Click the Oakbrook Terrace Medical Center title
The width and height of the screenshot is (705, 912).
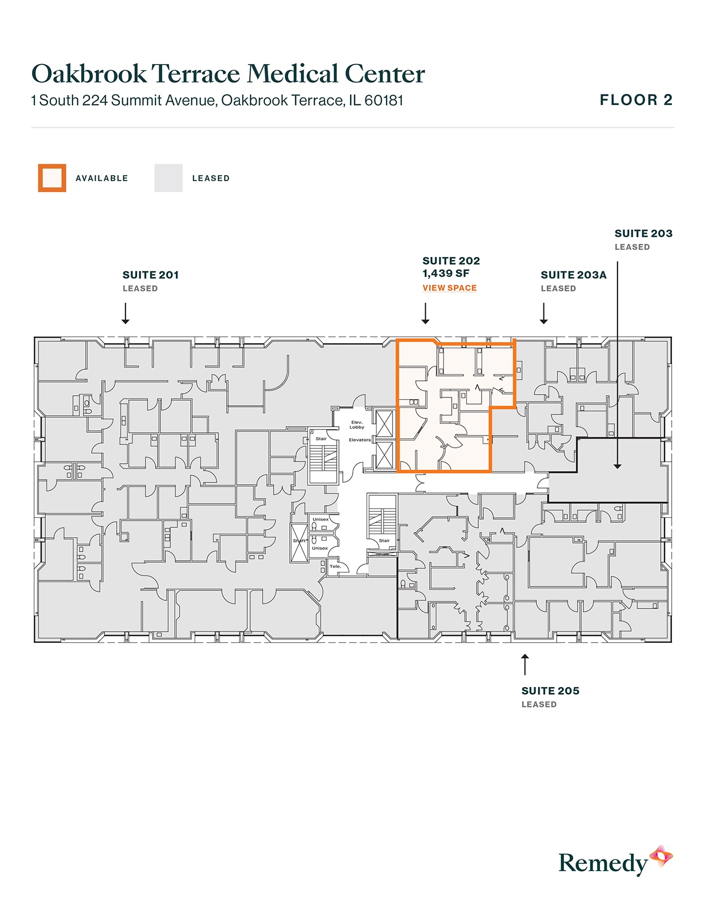pyautogui.click(x=228, y=74)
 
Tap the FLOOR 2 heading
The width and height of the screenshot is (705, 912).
pyautogui.click(x=636, y=100)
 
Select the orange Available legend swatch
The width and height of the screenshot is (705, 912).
pyautogui.click(x=52, y=178)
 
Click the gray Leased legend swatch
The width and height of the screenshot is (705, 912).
pyautogui.click(x=168, y=178)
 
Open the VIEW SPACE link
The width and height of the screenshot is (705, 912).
pyautogui.click(x=449, y=288)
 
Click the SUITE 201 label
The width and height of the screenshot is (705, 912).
pyautogui.click(x=150, y=275)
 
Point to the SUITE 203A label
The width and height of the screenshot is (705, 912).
pyautogui.click(x=573, y=275)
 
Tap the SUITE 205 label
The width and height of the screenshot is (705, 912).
pyautogui.click(x=550, y=690)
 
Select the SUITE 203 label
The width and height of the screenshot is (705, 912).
pyautogui.click(x=643, y=233)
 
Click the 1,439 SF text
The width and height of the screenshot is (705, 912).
pyautogui.click(x=446, y=273)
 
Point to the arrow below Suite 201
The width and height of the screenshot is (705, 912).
pyautogui.click(x=126, y=313)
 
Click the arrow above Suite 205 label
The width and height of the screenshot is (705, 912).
pyautogui.click(x=525, y=664)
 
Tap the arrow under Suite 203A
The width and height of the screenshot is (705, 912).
pyautogui.click(x=544, y=313)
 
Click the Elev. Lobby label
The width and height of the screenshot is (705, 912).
pyautogui.click(x=357, y=424)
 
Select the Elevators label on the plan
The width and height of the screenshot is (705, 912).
pyautogui.click(x=359, y=440)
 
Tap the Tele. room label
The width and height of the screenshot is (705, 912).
pyautogui.click(x=335, y=566)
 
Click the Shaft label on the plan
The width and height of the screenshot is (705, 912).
pyautogui.click(x=299, y=541)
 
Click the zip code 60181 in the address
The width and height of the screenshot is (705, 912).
pyautogui.click(x=384, y=101)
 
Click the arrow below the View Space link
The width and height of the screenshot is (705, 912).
pyautogui.click(x=425, y=313)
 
